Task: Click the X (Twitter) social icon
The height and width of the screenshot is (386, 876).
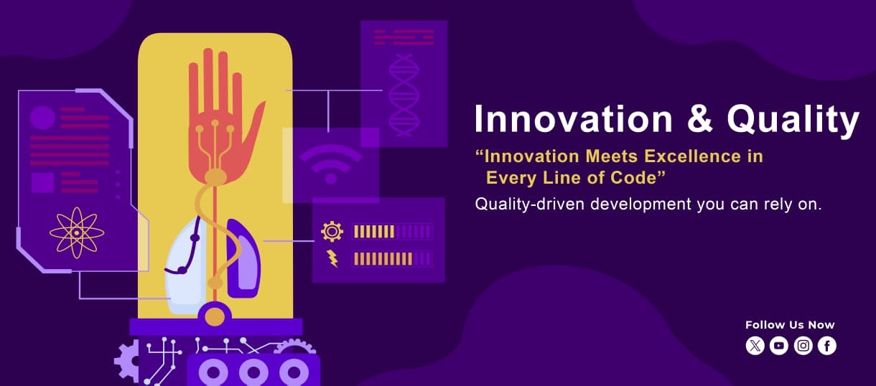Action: coord(755,347)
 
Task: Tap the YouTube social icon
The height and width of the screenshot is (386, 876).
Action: coord(779,347)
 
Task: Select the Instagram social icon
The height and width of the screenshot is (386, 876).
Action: coord(803,347)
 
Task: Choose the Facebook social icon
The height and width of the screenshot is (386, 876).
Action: coord(827,347)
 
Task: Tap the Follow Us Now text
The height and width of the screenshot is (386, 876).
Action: coord(790,325)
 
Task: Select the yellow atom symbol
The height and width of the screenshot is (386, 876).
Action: coord(76,232)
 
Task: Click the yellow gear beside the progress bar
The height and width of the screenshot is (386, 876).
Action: coord(332,231)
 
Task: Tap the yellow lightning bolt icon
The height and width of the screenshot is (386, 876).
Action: coord(332,258)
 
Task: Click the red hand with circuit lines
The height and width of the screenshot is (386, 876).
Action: coord(219,108)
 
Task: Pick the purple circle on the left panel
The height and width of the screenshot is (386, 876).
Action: coord(42,118)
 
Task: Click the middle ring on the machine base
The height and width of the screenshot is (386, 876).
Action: coord(252,372)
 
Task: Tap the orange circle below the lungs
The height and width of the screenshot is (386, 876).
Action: coord(215,316)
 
